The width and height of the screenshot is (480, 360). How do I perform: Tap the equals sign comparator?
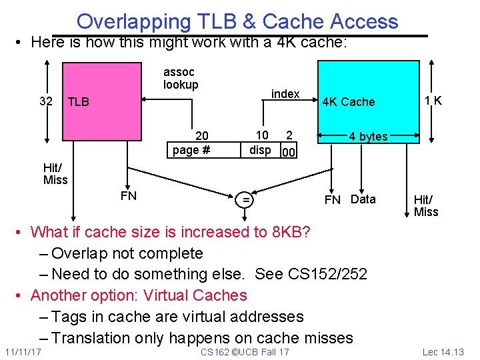tap(246, 199)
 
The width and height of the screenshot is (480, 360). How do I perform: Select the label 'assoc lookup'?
tap(181, 78)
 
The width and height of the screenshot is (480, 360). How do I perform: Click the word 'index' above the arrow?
tap(285, 94)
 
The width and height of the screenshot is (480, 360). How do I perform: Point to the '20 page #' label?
tap(191, 143)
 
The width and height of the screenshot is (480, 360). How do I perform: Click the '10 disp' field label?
tap(260, 143)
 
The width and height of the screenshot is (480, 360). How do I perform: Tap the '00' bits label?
tap(288, 153)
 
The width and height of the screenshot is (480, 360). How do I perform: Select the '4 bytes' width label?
tap(368, 137)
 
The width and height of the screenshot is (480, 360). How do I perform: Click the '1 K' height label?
tap(434, 101)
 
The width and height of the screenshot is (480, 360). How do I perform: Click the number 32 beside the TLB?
tap(46, 101)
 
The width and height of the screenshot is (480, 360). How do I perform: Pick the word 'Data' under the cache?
tap(363, 199)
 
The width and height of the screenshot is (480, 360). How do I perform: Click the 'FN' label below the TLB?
tap(129, 195)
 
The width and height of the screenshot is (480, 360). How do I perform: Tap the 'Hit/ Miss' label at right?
tap(426, 205)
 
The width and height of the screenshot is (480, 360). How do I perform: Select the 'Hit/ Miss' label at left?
tap(55, 173)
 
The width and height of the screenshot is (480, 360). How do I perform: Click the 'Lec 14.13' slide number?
tap(444, 351)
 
